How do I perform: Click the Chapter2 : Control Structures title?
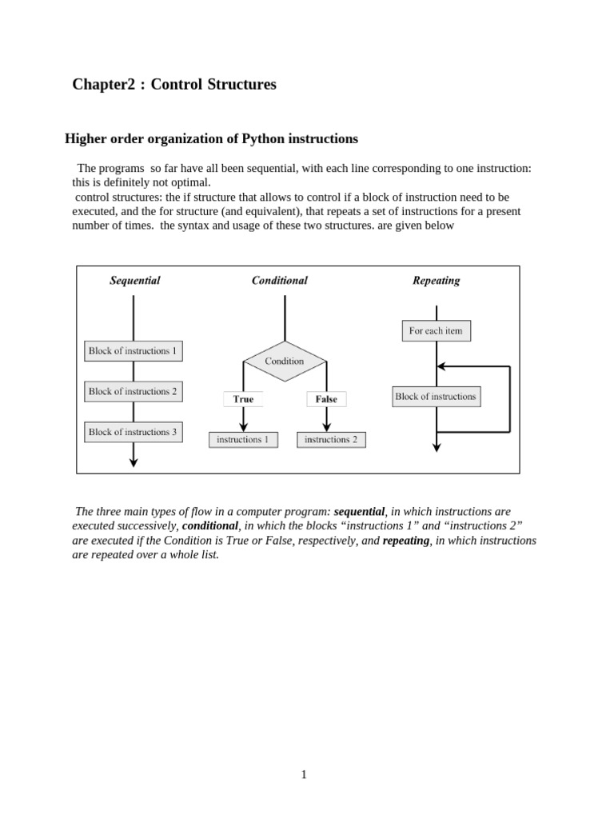(x=174, y=85)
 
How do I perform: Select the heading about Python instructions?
(x=211, y=139)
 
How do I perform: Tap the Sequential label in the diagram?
(x=134, y=281)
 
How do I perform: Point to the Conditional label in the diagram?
(x=280, y=281)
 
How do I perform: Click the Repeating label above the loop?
(x=436, y=281)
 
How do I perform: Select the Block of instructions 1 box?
(x=134, y=351)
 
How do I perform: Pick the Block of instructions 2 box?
(x=134, y=392)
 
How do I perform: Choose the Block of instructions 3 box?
(x=134, y=433)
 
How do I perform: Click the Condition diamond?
(x=285, y=362)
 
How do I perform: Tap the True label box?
(x=243, y=399)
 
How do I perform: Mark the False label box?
(x=326, y=399)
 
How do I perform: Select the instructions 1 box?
(x=243, y=440)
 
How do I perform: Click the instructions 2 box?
(x=331, y=440)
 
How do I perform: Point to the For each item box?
(x=436, y=331)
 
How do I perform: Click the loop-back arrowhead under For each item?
(x=442, y=366)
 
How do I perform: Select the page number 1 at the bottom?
(x=304, y=774)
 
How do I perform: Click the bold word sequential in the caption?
(x=359, y=512)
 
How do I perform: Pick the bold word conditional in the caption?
(x=210, y=526)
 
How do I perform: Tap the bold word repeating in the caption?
(x=405, y=541)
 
